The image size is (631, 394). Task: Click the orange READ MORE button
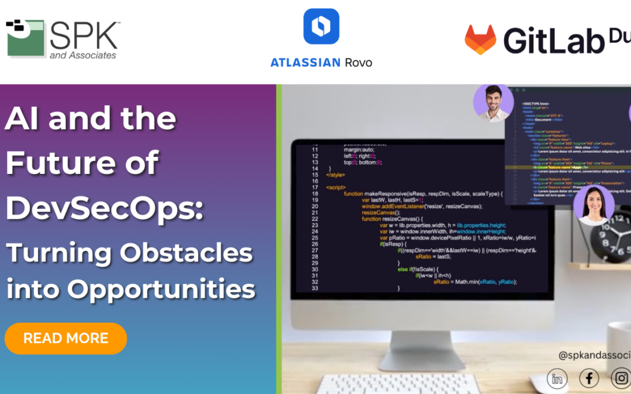click(65, 339)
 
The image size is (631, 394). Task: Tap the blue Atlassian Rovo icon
click(321, 26)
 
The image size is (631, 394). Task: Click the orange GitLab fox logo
click(480, 40)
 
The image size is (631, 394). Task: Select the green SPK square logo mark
click(25, 38)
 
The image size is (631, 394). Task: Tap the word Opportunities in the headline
click(161, 288)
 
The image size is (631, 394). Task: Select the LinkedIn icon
click(557, 379)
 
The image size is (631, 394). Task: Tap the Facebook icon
click(589, 379)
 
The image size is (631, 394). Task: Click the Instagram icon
click(620, 379)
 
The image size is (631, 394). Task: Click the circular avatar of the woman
click(593, 205)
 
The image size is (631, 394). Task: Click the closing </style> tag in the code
click(336, 175)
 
